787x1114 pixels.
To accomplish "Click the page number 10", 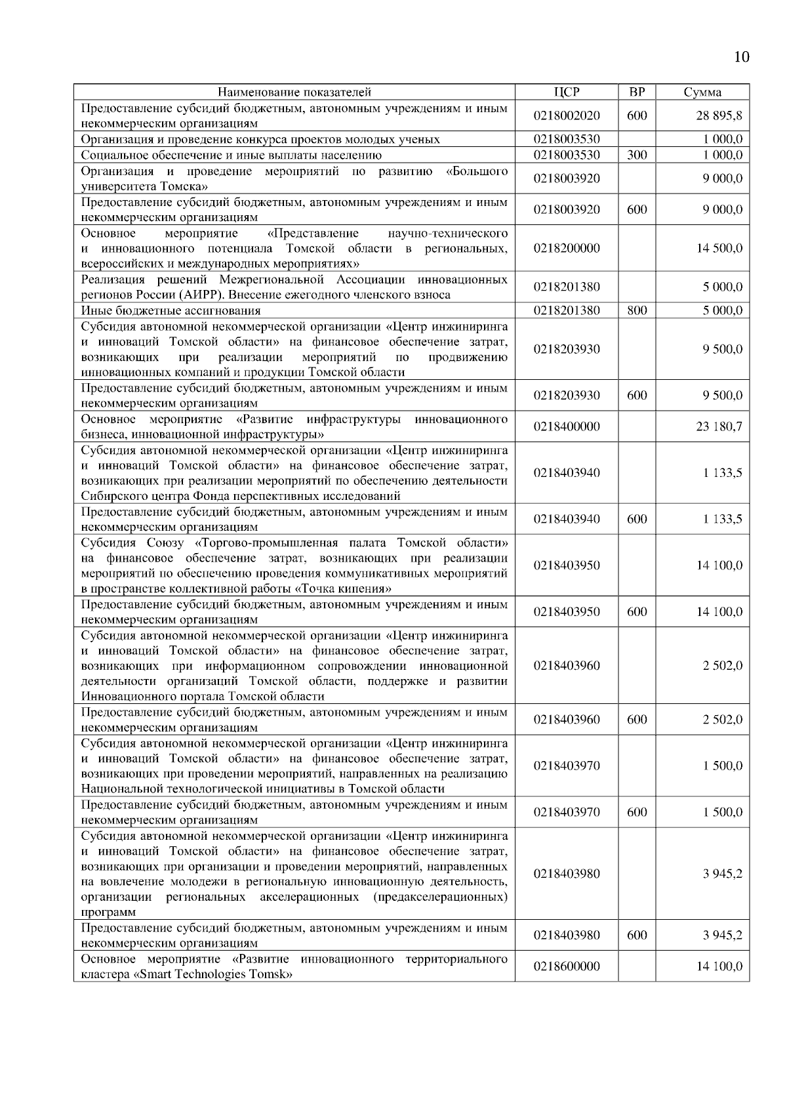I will (740, 57).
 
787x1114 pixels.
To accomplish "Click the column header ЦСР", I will (567, 92).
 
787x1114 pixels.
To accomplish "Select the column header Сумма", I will (702, 92).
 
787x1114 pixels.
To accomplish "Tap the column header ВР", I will (637, 92).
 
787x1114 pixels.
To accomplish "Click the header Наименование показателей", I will (294, 92).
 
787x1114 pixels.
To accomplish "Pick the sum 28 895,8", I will (719, 116).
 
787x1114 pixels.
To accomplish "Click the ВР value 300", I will (637, 155).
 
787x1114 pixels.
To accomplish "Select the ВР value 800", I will (637, 311).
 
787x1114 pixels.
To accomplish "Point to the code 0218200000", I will (567, 249).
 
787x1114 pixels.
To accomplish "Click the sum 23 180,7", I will (719, 427).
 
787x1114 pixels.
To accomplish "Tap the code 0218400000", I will (567, 427).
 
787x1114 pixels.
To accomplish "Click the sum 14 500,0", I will (719, 249).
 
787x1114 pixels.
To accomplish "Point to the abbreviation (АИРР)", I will (200, 295).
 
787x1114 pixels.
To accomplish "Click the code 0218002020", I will (567, 116).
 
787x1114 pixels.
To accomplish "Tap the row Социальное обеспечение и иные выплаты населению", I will (231, 155).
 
